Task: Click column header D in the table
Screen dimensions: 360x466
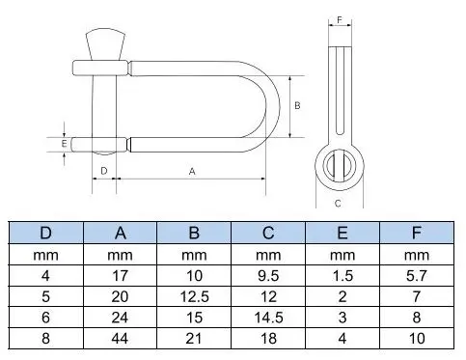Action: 45,233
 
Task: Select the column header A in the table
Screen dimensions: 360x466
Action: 121,233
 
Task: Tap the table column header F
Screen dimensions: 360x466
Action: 417,233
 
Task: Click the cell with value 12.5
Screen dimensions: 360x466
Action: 195,292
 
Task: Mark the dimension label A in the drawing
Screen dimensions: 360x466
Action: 192,171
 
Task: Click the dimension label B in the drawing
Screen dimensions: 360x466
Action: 298,103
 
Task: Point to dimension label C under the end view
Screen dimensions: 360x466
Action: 338,203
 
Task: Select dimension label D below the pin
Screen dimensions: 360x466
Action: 103,171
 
